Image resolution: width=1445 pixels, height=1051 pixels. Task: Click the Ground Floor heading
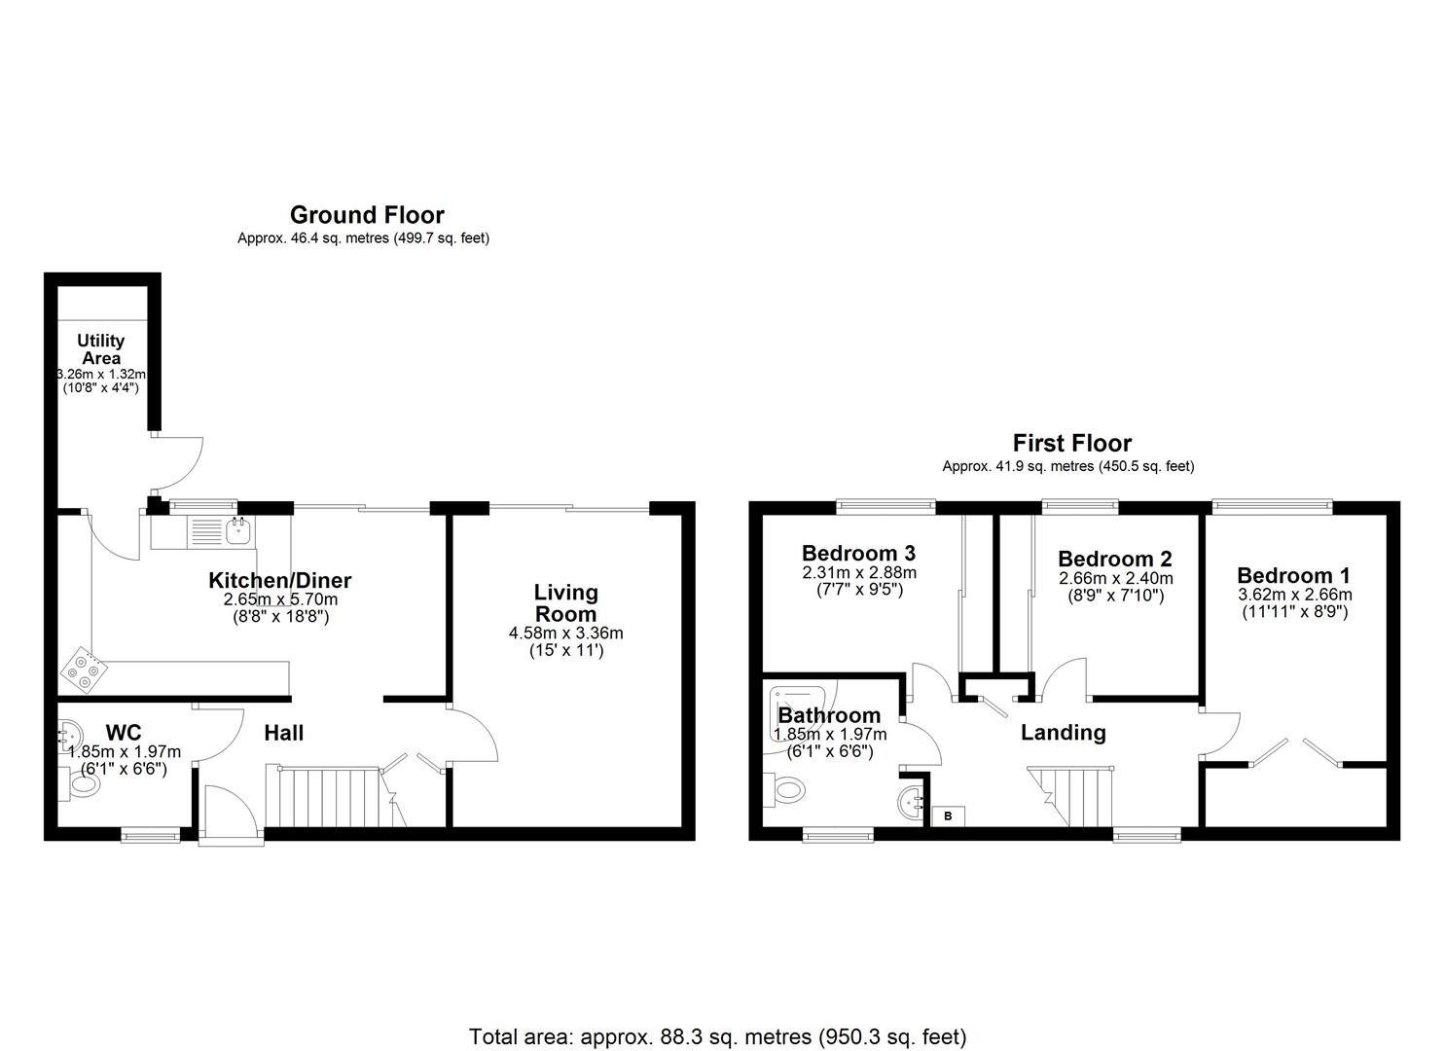367,215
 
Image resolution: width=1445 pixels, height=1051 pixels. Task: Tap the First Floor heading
1071,444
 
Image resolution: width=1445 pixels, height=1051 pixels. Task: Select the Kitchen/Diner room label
280,581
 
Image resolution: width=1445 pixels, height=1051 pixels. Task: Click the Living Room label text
565,603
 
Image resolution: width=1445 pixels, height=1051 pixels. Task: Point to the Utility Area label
101,348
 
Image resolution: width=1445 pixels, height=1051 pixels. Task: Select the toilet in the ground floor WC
80,783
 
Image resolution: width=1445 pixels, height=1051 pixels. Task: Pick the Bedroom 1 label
1293,575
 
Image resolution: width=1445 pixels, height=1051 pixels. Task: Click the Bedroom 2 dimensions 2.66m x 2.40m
1115,579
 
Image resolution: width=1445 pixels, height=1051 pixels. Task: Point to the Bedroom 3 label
858,554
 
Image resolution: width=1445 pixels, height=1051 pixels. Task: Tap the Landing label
1063,733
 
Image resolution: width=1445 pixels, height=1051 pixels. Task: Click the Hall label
284,733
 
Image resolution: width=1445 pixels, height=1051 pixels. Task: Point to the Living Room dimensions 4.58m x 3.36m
565,633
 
